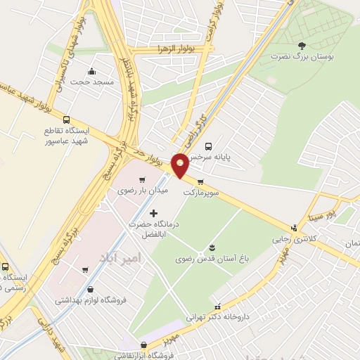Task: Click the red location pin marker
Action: [181, 166]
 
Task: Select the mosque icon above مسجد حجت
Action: [91, 71]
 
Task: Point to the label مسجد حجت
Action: [91, 82]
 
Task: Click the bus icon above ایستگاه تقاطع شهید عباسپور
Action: [66, 120]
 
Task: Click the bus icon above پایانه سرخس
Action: [207, 146]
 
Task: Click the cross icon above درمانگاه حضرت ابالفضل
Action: [154, 212]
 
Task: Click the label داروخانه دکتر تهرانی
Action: [218, 316]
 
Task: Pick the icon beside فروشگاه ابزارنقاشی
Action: [144, 345]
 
